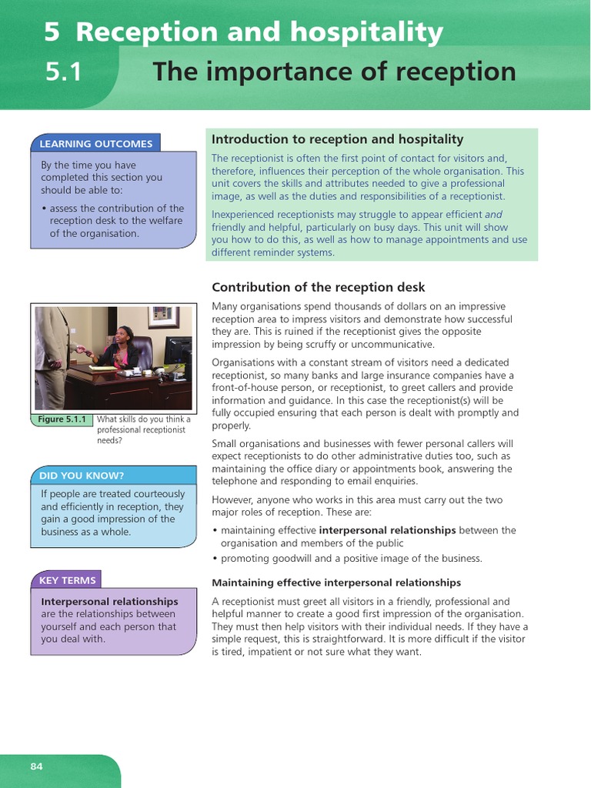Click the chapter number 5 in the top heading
pyautogui.click(x=51, y=32)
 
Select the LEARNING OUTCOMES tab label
pyautogui.click(x=96, y=143)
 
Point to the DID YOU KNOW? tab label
pyautogui.click(x=82, y=475)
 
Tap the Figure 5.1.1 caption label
pyautogui.click(x=63, y=419)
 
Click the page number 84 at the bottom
pyautogui.click(x=37, y=766)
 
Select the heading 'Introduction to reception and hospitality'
pyautogui.click(x=337, y=139)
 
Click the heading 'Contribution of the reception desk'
pyautogui.click(x=318, y=287)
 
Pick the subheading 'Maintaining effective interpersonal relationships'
pyautogui.click(x=336, y=583)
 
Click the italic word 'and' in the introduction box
pyautogui.click(x=493, y=215)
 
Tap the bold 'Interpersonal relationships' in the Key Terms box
pyautogui.click(x=109, y=601)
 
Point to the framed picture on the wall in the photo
pyautogui.click(x=162, y=317)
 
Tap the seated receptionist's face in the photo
pyautogui.click(x=124, y=336)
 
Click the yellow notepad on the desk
pyautogui.click(x=102, y=369)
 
